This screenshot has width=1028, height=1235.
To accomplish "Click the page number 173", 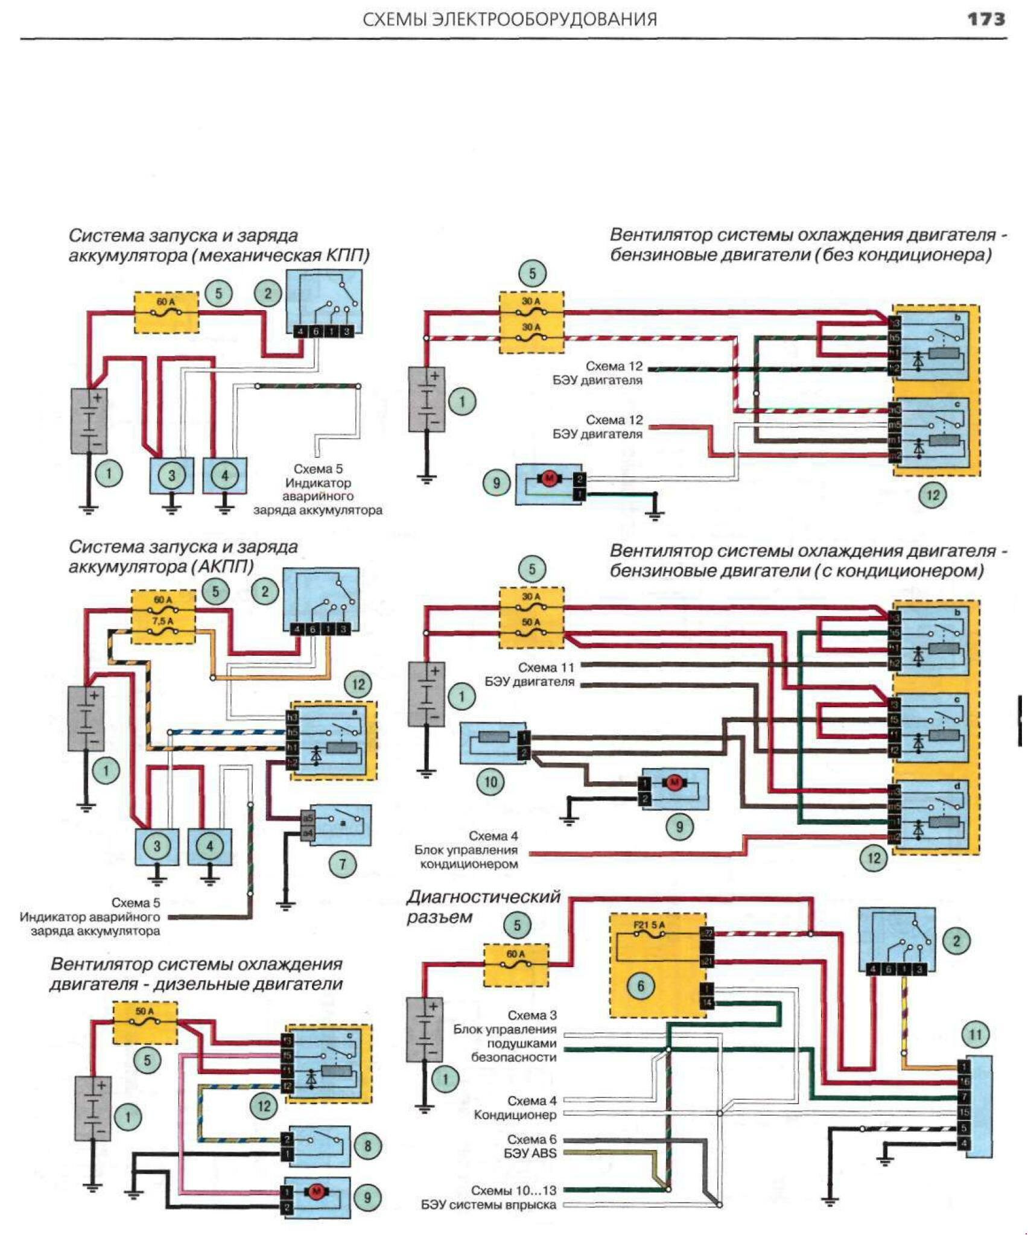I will point(986,19).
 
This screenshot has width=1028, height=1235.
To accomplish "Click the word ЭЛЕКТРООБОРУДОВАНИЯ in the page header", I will point(544,20).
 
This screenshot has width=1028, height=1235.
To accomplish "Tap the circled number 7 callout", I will point(343,864).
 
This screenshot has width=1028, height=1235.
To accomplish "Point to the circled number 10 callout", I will point(490,783).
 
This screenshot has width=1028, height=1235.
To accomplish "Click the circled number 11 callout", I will point(975,1035).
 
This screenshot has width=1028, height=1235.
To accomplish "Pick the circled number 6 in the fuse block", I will point(641,986).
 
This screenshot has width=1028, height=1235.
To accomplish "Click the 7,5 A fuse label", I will point(163,620).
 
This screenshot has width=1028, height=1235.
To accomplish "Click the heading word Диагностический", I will point(483,897).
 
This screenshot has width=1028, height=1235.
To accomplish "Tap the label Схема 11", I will point(546,667).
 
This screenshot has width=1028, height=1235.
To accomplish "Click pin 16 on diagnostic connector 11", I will point(964,1082).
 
